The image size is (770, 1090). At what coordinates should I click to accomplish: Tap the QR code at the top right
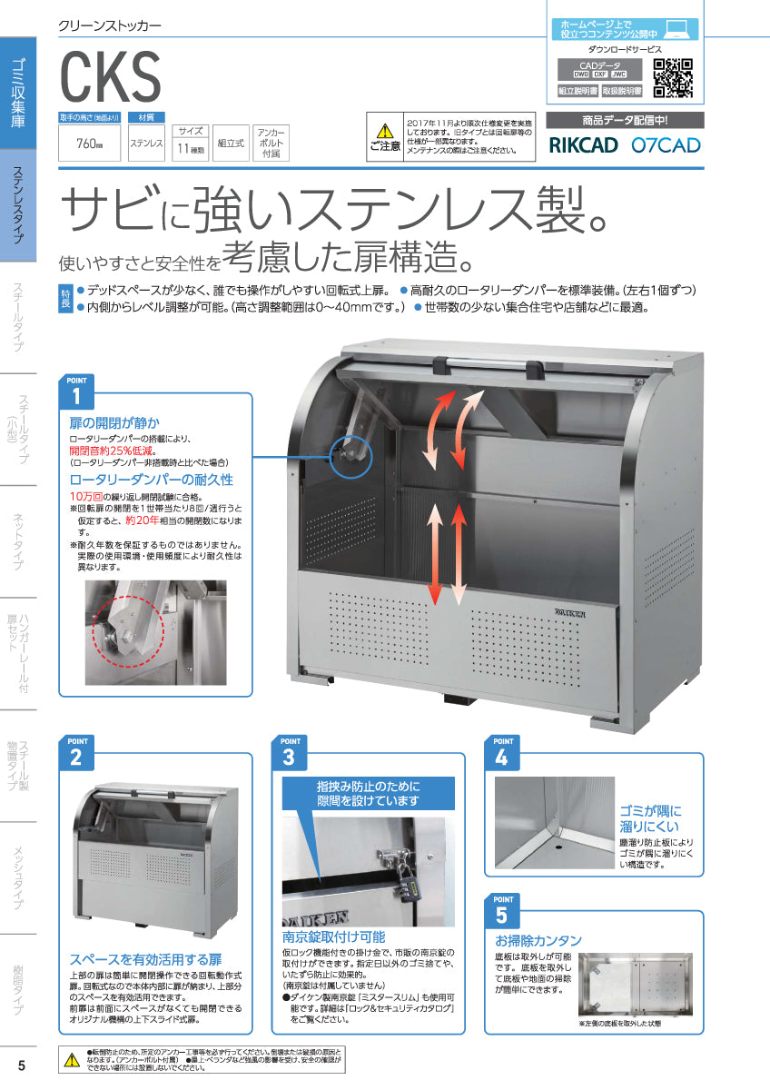674,77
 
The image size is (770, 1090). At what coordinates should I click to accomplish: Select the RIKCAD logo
584,144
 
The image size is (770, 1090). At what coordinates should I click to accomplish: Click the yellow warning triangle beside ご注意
385,130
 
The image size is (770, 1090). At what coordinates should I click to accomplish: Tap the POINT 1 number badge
76,396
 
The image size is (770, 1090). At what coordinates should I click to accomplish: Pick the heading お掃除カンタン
538,940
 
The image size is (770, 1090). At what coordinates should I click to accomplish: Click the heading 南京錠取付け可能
333,936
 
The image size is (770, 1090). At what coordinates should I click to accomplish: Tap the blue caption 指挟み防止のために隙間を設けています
368,792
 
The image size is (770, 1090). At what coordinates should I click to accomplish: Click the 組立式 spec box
232,144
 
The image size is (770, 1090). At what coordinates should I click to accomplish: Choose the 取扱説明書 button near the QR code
622,92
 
